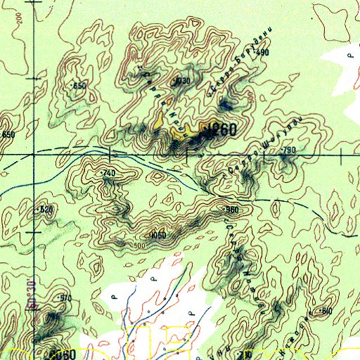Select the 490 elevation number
pyautogui.click(x=263, y=53)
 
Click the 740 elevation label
pyautogui.click(x=108, y=172)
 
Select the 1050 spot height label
pyautogui.click(x=159, y=235)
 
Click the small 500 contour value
pyautogui.click(x=139, y=245)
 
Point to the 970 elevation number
pyautogui.click(x=66, y=298)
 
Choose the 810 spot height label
pyautogui.click(x=326, y=310)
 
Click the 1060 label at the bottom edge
pyautogui.click(x=63, y=354)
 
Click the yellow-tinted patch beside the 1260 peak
pyautogui.click(x=171, y=118)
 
